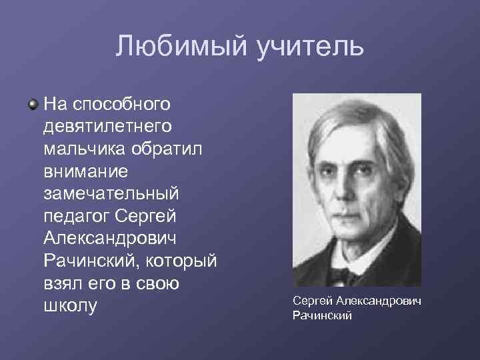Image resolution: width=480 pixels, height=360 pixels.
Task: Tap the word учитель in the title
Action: (309, 46)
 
